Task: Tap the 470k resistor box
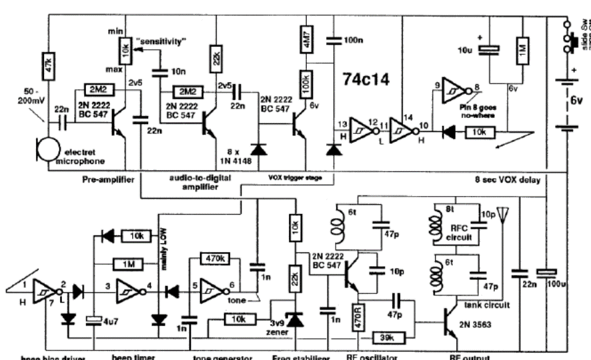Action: pos(215,258)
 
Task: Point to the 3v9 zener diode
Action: pos(294,319)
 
